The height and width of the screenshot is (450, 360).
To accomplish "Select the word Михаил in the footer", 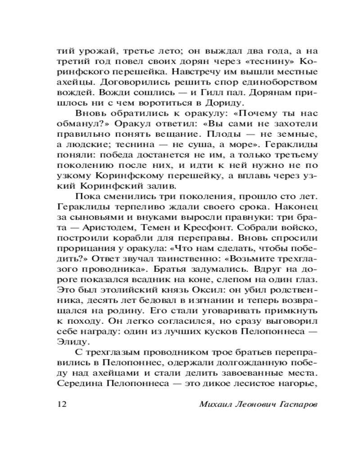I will [215, 404].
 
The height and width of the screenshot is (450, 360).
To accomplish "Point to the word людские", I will [86, 145].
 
